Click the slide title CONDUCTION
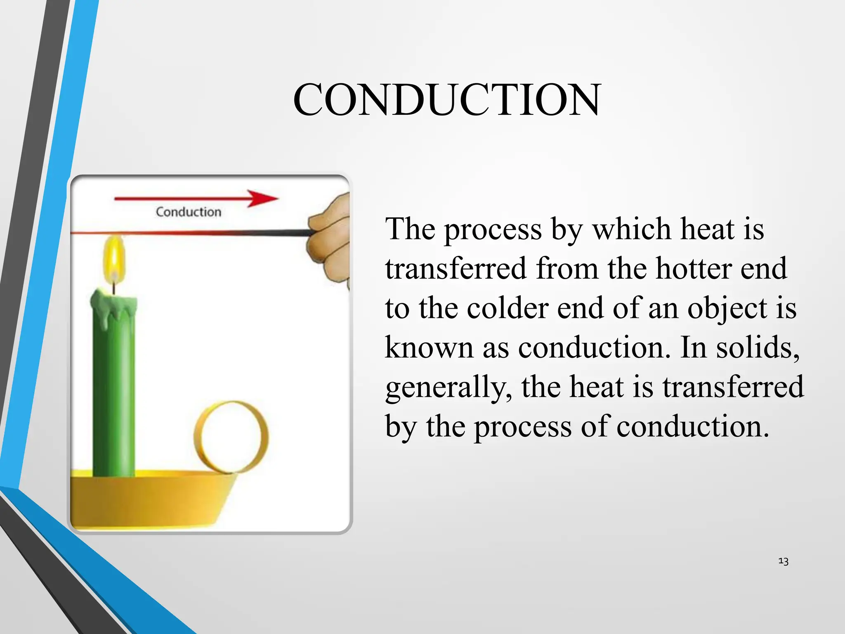point(447,100)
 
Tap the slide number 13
point(783,561)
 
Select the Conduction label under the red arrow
point(189,212)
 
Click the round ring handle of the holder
point(231,438)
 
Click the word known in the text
point(429,348)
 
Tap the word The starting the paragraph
point(410,229)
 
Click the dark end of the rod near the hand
point(289,233)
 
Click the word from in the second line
point(567,269)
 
